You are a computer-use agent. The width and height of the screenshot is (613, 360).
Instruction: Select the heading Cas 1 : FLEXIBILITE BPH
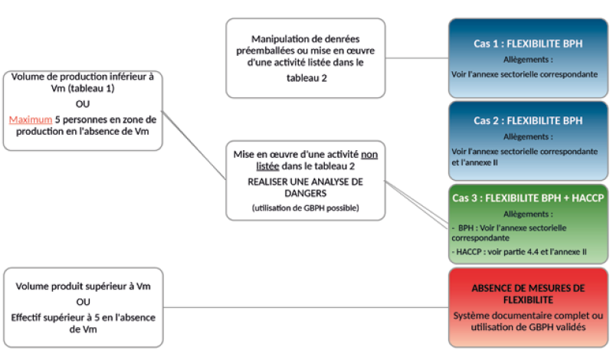click(x=527, y=44)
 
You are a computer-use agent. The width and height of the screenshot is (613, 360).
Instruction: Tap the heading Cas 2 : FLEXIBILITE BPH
click(x=527, y=120)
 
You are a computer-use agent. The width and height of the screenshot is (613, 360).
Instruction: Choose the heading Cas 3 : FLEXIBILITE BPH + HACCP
click(x=527, y=197)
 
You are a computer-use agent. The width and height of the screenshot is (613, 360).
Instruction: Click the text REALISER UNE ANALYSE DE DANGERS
click(x=305, y=188)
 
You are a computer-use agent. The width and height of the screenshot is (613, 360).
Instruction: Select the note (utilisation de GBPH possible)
click(x=305, y=209)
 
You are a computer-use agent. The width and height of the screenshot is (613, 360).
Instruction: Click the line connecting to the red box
click(x=306, y=308)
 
